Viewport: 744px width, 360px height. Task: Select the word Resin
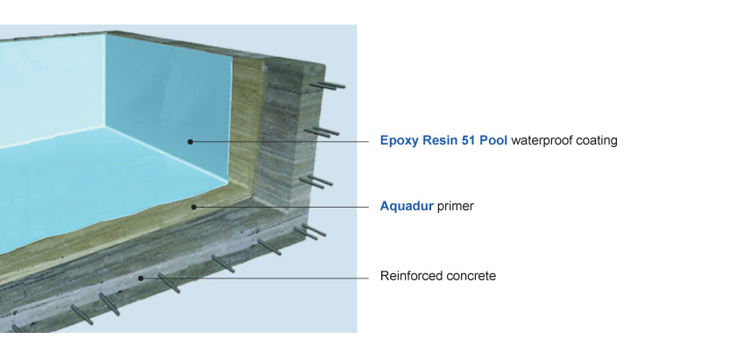(437, 140)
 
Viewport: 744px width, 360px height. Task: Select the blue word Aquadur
(407, 208)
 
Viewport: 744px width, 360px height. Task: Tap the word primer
(456, 208)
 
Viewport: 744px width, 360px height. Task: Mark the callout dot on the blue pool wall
(190, 140)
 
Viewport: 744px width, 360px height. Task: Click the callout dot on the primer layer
(194, 208)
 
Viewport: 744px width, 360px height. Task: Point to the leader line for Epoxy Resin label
(280, 141)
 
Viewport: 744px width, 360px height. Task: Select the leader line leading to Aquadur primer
(280, 208)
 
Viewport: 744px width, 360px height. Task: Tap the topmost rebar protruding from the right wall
(328, 85)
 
